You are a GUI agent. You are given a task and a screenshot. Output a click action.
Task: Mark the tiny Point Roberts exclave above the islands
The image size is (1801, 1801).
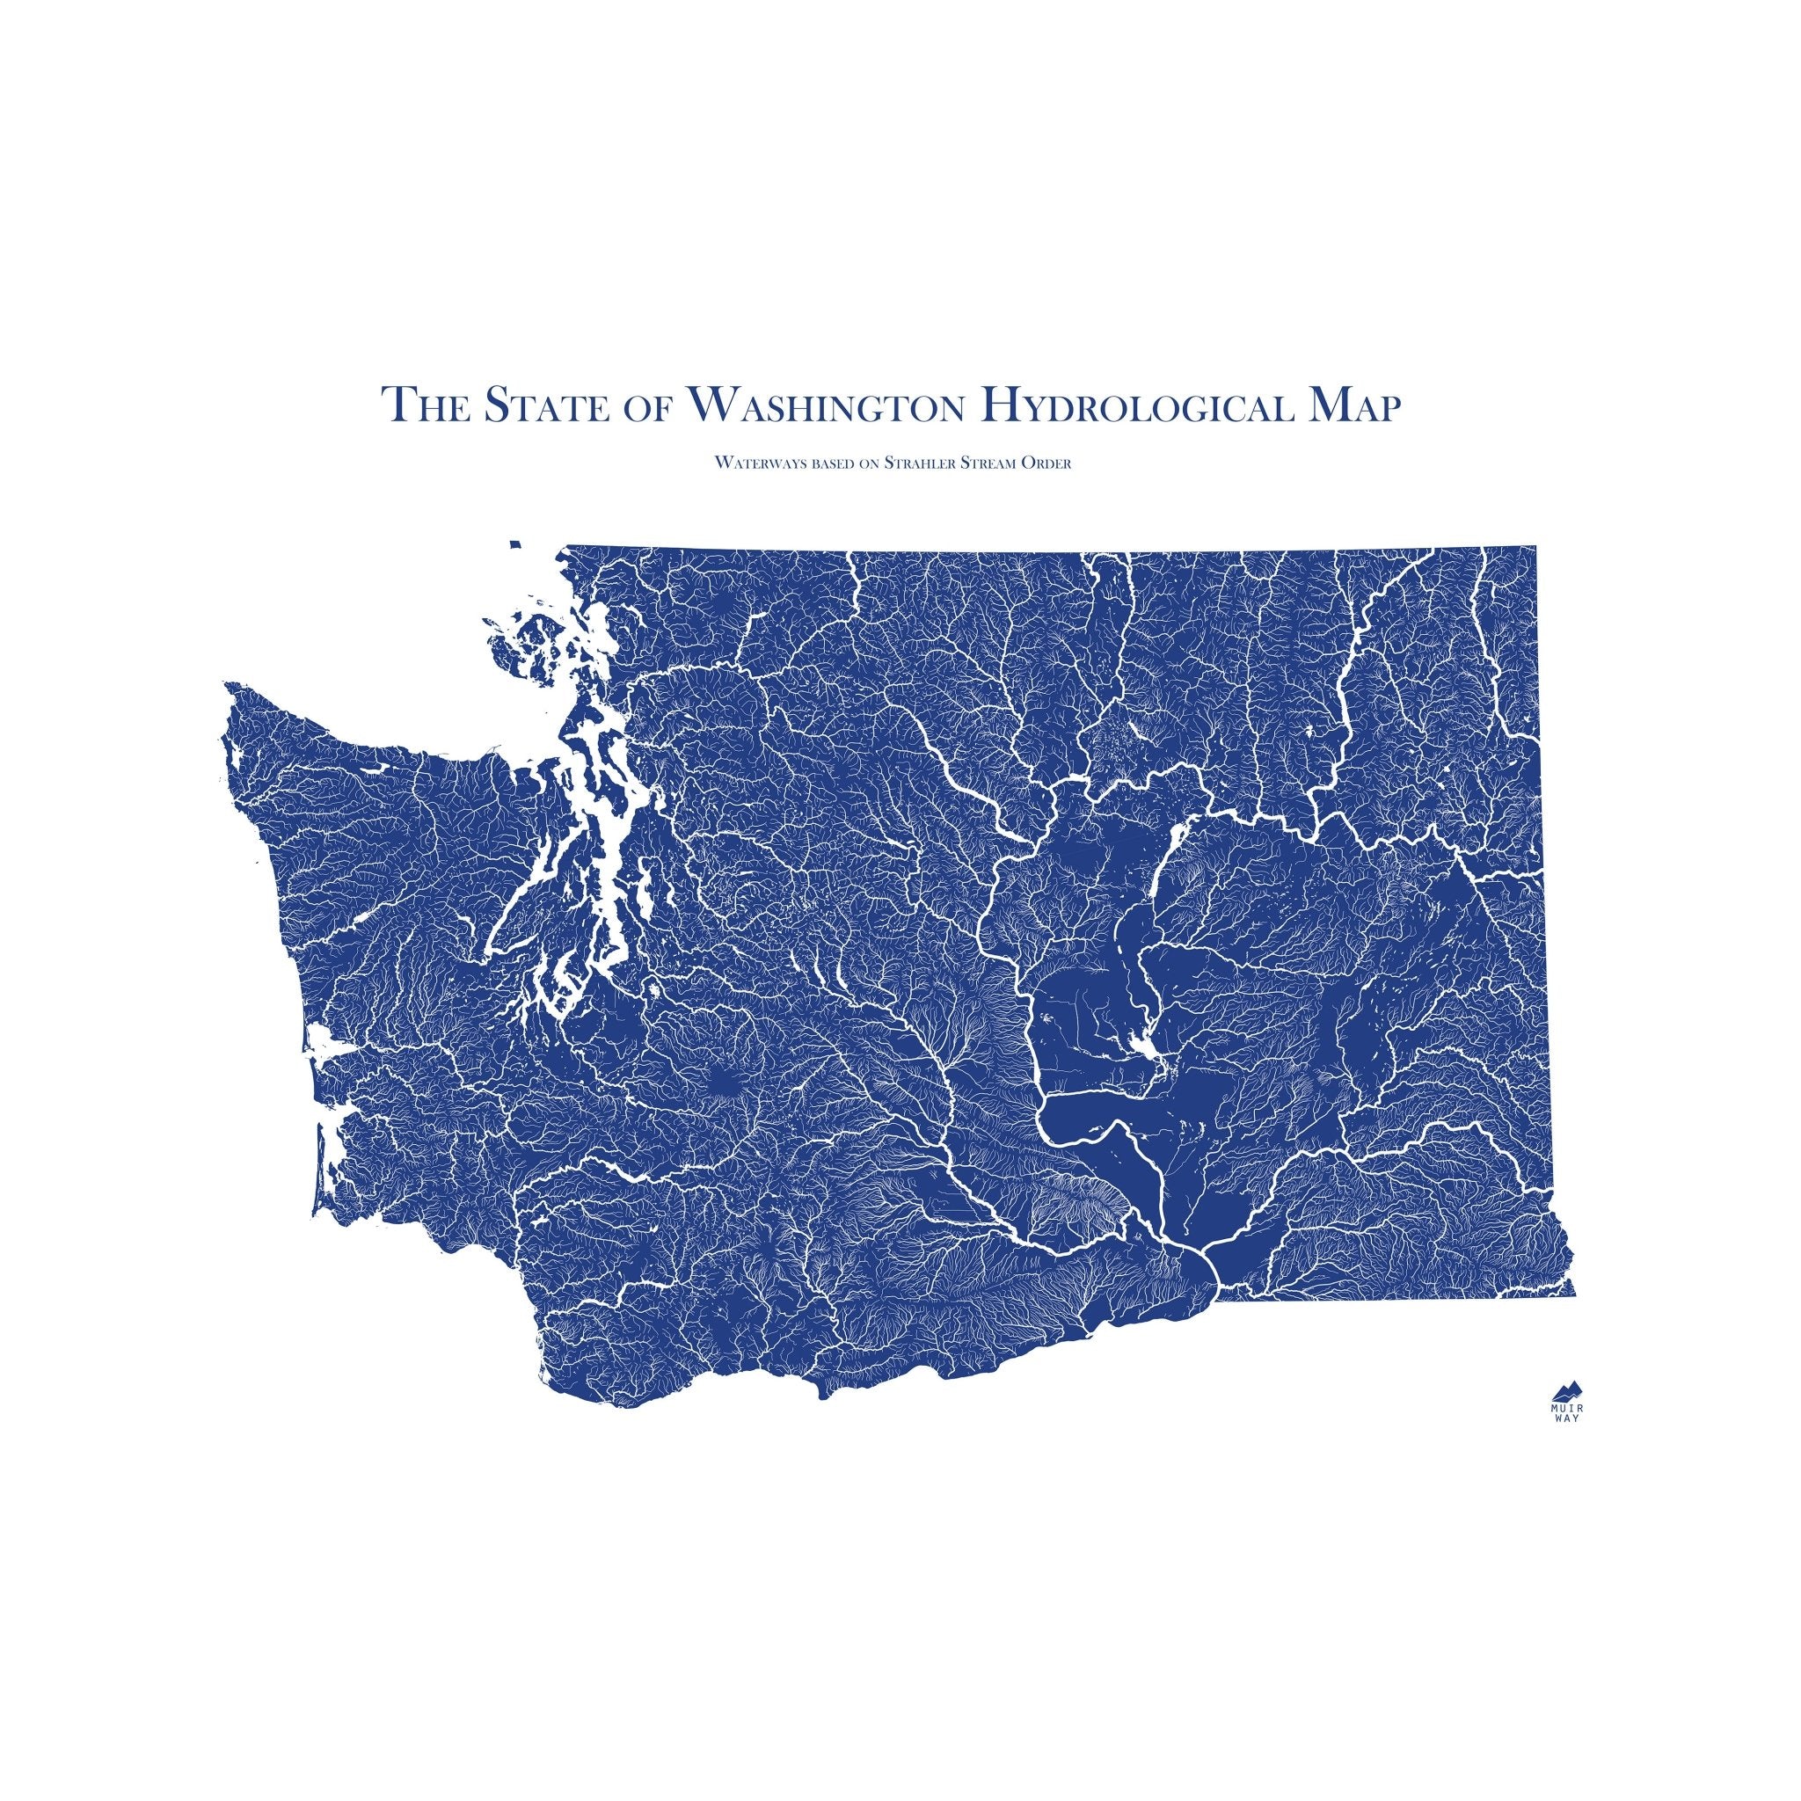point(513,544)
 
